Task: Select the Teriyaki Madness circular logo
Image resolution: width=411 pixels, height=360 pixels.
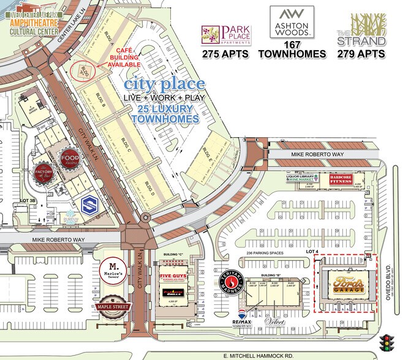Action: pos(229,283)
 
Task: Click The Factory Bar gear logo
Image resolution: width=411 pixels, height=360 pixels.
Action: pos(43,172)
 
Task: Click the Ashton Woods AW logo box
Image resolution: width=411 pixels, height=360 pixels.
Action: pos(292,22)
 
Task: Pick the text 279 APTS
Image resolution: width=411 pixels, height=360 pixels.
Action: pos(361,54)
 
